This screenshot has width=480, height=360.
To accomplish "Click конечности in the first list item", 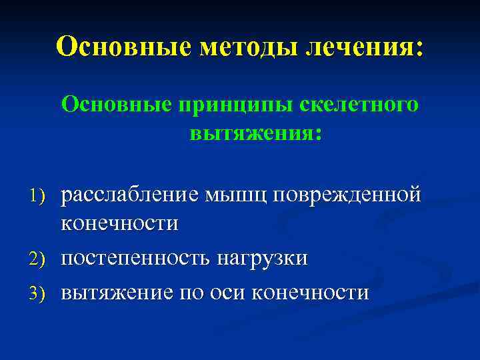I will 120,223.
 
